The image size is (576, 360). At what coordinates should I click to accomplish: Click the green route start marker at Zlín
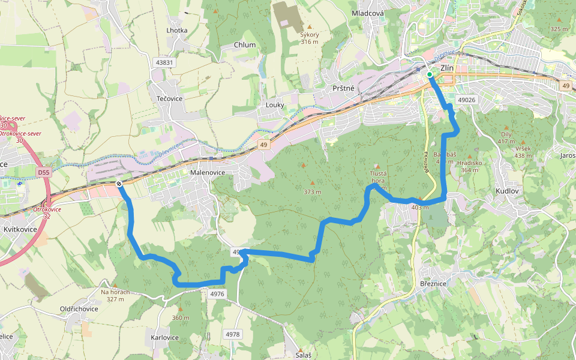[430, 74]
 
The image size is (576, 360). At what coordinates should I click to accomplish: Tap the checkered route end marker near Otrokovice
[119, 184]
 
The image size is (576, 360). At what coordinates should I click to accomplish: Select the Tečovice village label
[169, 98]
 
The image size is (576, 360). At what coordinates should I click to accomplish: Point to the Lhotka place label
[177, 30]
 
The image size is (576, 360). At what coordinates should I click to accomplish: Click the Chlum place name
[245, 45]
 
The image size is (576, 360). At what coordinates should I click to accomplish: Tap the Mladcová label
[368, 13]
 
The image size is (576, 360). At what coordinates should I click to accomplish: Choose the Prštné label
[343, 88]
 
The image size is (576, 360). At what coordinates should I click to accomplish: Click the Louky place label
[275, 105]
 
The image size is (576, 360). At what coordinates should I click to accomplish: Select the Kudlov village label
[506, 190]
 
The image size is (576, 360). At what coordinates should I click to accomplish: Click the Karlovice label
[165, 338]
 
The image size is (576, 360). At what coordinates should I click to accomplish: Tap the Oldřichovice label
[79, 309]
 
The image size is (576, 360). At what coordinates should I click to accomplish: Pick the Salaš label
[304, 355]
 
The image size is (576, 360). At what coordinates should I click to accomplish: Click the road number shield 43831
[164, 62]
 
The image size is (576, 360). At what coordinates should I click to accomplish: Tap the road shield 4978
[233, 334]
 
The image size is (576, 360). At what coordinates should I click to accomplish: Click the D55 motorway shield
[43, 172]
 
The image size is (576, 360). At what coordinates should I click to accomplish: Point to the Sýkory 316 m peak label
[310, 38]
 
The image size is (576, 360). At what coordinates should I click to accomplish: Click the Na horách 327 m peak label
[115, 295]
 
